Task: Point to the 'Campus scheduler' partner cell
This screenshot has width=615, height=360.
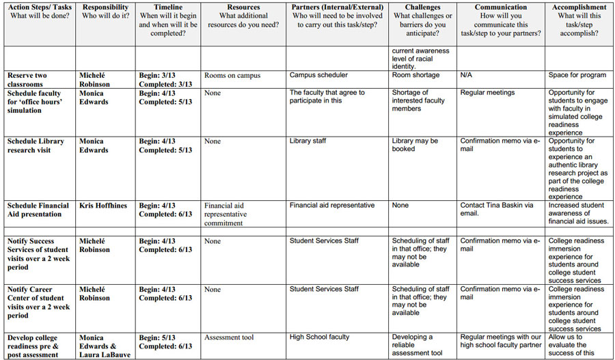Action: (x=318, y=75)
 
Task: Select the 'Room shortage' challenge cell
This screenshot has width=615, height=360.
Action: (x=415, y=75)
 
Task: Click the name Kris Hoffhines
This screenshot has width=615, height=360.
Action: (x=102, y=206)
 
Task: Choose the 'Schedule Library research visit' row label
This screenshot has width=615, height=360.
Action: (x=36, y=146)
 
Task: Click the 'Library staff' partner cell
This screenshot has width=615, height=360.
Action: (x=307, y=141)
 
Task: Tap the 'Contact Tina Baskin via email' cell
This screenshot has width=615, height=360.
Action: (x=496, y=210)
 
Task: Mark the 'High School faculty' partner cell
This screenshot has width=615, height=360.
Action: (x=319, y=337)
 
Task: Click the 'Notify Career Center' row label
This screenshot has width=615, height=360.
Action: (x=38, y=303)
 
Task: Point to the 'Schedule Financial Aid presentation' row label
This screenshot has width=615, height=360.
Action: (x=38, y=210)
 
